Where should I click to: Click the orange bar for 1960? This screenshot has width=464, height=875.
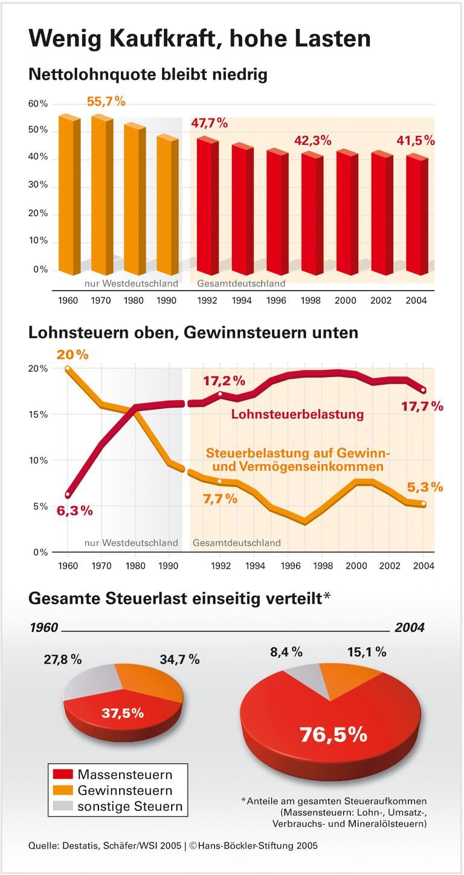coord(68,193)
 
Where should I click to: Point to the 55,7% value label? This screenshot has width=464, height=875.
coord(106,102)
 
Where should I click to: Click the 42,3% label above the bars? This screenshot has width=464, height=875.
coord(312,141)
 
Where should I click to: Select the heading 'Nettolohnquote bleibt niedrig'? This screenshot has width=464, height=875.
coord(148,75)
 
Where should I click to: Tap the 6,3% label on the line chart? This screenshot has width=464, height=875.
coord(75,511)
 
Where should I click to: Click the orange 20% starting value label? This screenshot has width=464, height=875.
coord(72,355)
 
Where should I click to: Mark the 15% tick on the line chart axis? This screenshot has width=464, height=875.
coord(38,415)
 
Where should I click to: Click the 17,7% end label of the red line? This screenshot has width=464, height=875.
coord(422,406)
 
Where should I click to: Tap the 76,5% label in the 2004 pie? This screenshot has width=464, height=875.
coord(333,734)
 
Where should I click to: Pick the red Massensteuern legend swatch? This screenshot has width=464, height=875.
coord(63,774)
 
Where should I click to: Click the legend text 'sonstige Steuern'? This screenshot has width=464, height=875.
coord(129,806)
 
